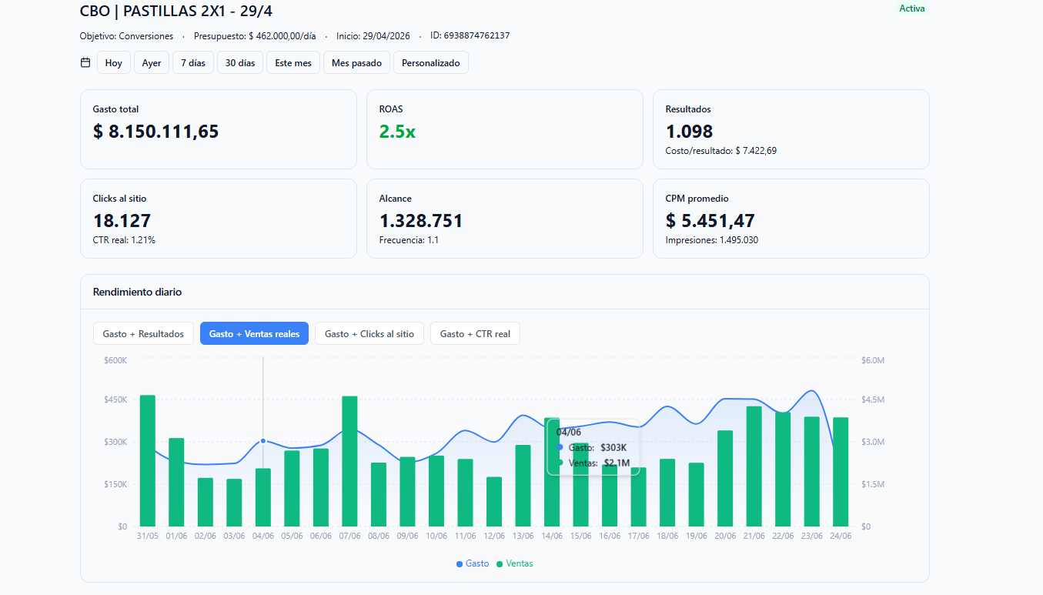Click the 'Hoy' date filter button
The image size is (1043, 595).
tap(114, 63)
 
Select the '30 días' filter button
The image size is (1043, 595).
tap(240, 63)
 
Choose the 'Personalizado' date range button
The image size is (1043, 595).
tap(431, 63)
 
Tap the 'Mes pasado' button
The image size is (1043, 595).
tap(356, 63)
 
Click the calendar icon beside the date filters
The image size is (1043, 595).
tap(85, 62)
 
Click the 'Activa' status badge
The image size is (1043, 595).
tap(911, 8)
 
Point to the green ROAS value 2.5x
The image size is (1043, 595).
tap(397, 132)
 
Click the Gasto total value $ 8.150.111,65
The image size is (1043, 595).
tap(155, 132)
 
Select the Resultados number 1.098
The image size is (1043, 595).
tap(689, 132)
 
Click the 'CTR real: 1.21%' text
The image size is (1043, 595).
tap(124, 240)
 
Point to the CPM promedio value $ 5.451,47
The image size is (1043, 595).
tap(710, 221)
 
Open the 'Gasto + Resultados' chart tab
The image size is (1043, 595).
tap(143, 334)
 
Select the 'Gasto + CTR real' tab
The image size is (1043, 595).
tap(475, 334)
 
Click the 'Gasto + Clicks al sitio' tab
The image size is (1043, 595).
tap(369, 334)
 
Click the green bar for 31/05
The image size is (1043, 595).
tap(148, 461)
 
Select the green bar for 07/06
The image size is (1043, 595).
tap(349, 461)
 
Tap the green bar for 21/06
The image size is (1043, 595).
tap(754, 466)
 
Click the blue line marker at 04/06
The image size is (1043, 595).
tap(263, 441)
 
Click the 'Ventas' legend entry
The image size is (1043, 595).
tap(514, 563)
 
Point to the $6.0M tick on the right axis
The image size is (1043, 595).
tap(873, 360)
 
